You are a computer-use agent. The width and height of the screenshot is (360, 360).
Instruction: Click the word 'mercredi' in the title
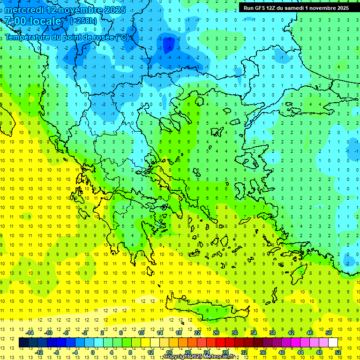click(23, 10)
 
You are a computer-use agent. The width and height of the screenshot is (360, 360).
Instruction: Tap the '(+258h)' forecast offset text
click(83, 21)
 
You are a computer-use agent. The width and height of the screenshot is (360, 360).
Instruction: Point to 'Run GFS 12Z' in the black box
click(259, 8)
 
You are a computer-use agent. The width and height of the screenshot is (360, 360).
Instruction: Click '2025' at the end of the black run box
click(339, 8)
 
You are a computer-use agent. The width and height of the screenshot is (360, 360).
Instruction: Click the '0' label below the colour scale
click(93, 352)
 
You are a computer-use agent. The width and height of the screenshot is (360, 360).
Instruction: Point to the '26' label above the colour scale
click(216, 332)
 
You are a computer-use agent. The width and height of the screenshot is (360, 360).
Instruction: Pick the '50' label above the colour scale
click(328, 332)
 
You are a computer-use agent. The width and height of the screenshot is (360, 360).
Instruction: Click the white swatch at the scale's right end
click(333, 343)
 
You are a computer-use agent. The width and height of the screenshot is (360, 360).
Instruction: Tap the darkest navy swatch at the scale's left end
click(23, 343)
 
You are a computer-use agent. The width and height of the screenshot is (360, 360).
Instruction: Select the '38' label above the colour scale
click(272, 332)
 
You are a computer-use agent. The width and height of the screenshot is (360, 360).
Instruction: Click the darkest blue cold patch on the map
click(170, 44)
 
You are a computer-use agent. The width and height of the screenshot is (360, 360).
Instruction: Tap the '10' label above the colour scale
click(141, 332)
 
